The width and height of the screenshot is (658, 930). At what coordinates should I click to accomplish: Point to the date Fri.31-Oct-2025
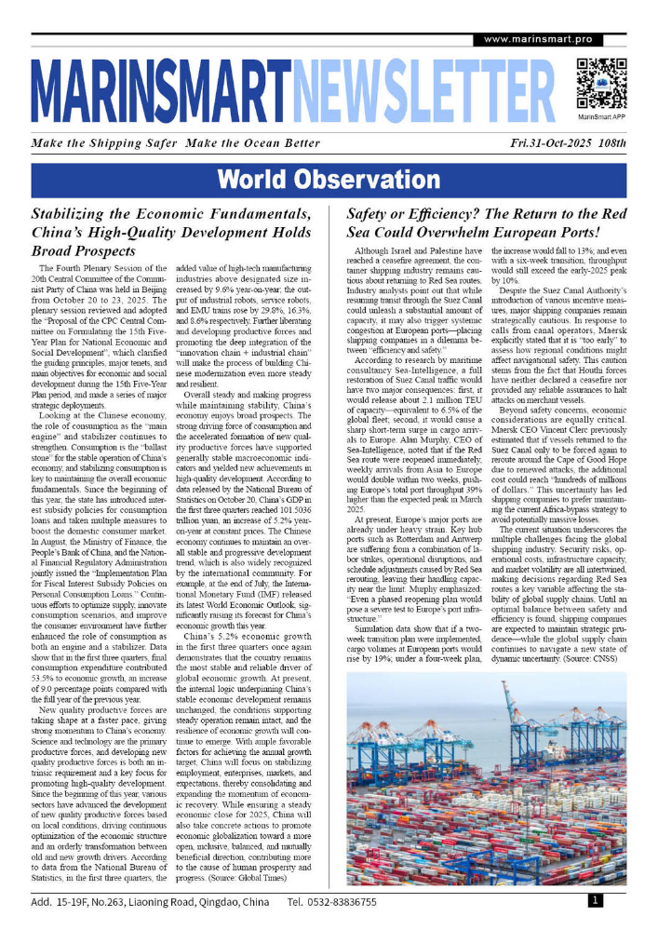point(529,143)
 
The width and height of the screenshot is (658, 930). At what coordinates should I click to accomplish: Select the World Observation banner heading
point(329,180)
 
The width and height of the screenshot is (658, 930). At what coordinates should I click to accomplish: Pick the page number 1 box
point(595,900)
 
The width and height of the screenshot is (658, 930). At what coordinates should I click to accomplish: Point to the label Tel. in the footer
point(297,902)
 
